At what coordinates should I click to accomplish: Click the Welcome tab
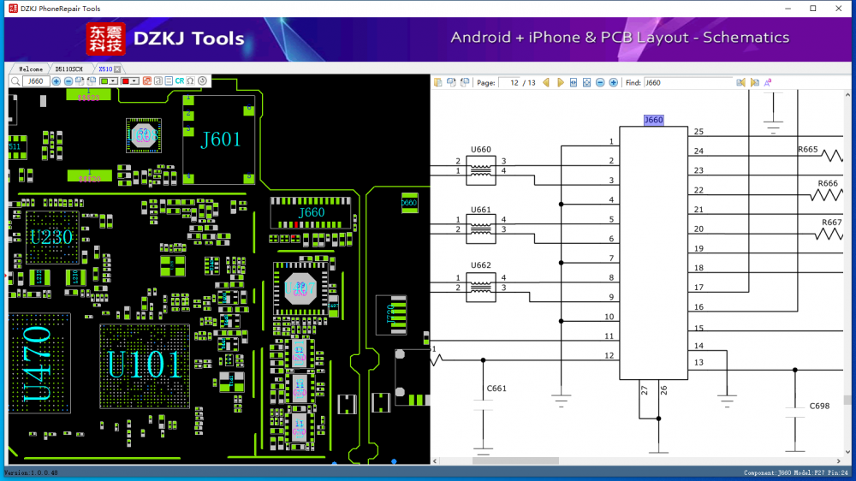(x=31, y=68)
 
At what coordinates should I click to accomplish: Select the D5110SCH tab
(x=68, y=68)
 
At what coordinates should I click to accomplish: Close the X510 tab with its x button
(x=117, y=68)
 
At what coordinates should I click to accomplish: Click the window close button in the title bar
(x=836, y=9)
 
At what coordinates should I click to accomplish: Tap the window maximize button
(x=812, y=9)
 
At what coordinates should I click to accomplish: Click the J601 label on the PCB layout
(x=220, y=140)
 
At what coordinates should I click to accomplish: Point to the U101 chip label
(x=144, y=365)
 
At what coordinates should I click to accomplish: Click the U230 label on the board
(x=51, y=238)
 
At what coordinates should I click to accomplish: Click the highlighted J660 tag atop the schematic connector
(x=653, y=121)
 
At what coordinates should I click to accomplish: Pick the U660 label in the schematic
(x=481, y=150)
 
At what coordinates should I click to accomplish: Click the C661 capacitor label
(x=496, y=389)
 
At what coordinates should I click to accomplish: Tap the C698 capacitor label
(x=819, y=407)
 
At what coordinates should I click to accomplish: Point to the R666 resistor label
(x=828, y=183)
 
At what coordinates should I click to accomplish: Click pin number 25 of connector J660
(x=698, y=132)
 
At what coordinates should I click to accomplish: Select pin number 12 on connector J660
(x=609, y=355)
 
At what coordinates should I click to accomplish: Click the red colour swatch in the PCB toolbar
(x=126, y=81)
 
